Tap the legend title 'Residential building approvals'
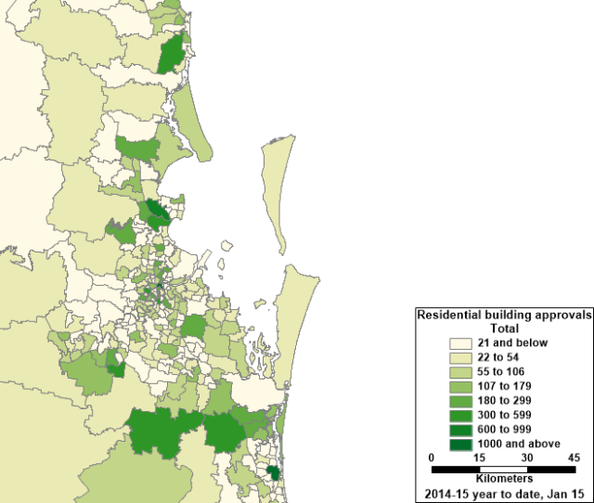tap(504, 316)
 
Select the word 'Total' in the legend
tap(504, 329)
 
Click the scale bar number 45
tap(573, 458)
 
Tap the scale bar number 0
tap(432, 458)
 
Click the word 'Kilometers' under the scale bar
tap(503, 479)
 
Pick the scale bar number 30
tap(526, 458)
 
